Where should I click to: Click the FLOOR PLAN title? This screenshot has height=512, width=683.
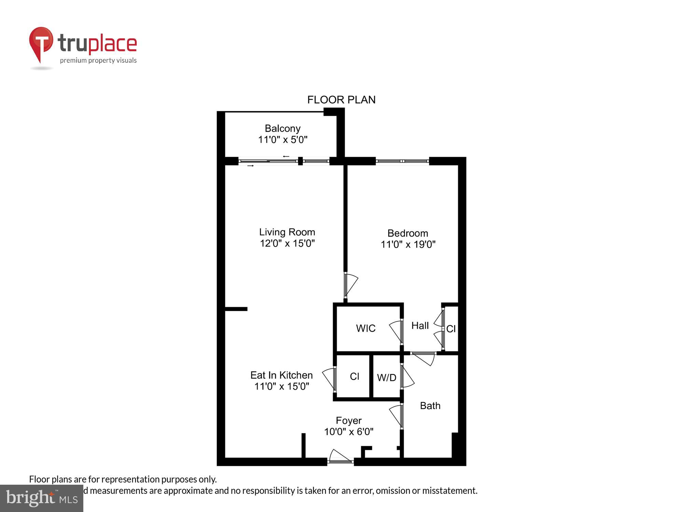pyautogui.click(x=341, y=100)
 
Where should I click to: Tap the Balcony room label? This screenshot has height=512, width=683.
pyautogui.click(x=282, y=128)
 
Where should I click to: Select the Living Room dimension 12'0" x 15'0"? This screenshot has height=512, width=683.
pyautogui.click(x=287, y=243)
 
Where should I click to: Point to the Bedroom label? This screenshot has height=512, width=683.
pyautogui.click(x=407, y=233)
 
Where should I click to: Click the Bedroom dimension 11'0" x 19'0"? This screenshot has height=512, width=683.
pyautogui.click(x=408, y=244)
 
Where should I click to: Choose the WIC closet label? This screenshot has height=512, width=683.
pyautogui.click(x=365, y=328)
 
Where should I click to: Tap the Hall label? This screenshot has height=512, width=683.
pyautogui.click(x=420, y=326)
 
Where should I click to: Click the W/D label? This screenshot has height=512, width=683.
pyautogui.click(x=387, y=378)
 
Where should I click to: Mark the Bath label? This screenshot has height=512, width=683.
pyautogui.click(x=430, y=406)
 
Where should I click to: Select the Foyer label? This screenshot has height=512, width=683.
pyautogui.click(x=348, y=421)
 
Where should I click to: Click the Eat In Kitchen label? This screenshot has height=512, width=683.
pyautogui.click(x=281, y=375)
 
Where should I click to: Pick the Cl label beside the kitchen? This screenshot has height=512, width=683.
pyautogui.click(x=354, y=376)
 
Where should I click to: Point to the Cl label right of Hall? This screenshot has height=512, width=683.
pyautogui.click(x=451, y=329)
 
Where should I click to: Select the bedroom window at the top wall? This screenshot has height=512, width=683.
pyautogui.click(x=402, y=161)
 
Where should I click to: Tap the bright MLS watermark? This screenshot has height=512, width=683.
pyautogui.click(x=42, y=498)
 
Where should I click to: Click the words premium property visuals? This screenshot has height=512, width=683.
pyautogui.click(x=98, y=61)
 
